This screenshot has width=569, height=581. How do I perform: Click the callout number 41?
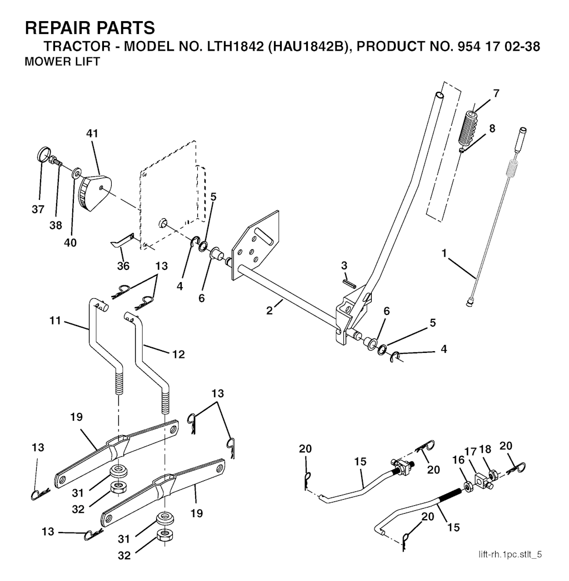coord(92,134)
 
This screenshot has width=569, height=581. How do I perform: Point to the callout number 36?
coord(123,266)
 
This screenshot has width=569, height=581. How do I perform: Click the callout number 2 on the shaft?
coord(269,311)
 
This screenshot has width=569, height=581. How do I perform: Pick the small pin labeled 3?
coord(348,281)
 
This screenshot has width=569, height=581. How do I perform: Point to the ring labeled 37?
coord(43,153)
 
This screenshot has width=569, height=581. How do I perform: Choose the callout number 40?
coord(71,243)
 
